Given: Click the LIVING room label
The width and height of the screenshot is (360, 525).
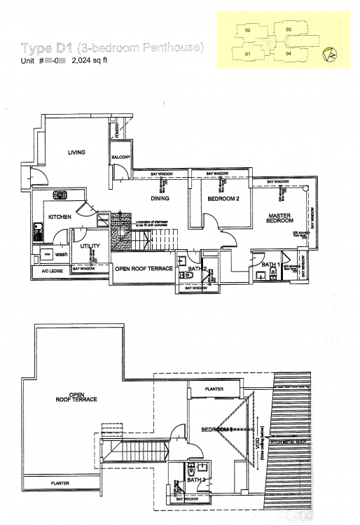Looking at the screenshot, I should coord(76,152).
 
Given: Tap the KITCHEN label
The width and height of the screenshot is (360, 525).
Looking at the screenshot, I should coord(60,218).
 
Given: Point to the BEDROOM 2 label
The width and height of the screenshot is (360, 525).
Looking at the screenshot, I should coord(224,199).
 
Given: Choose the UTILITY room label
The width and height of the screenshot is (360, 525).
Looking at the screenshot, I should coord(90,246).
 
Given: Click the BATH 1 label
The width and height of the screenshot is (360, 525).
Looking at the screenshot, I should coord(271,264).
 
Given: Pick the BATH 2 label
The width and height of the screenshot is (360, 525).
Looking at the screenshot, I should coord(197,267).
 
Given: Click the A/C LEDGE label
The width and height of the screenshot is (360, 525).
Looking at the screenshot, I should coord(52,270).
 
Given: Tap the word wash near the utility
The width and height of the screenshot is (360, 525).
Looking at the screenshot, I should coord(62,255).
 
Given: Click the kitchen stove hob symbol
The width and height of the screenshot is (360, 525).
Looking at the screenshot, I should coord(60,196).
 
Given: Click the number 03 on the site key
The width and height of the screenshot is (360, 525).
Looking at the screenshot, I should coord(289,29).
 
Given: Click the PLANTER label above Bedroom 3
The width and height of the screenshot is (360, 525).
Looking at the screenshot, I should coord(214,388).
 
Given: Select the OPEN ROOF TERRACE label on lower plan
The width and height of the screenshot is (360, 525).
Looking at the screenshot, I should coord(78,396).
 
